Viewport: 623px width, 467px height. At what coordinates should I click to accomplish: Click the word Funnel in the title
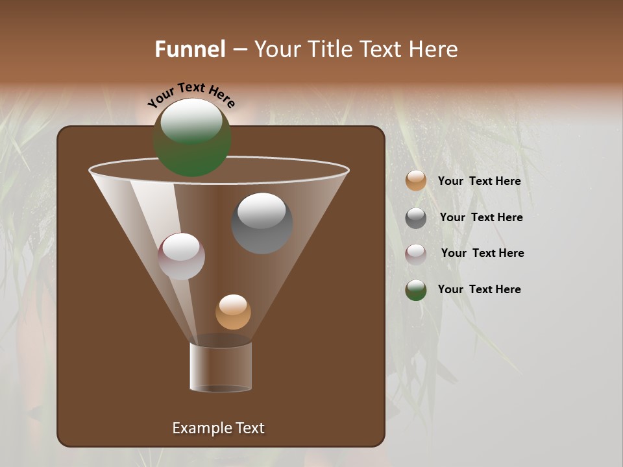click(x=190, y=49)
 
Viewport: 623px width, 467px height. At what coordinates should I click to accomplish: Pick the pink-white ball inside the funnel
click(x=182, y=257)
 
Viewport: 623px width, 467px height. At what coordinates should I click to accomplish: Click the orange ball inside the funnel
click(x=233, y=313)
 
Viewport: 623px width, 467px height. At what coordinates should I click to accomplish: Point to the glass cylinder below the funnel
click(x=221, y=367)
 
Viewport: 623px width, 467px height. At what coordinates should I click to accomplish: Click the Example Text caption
click(x=218, y=428)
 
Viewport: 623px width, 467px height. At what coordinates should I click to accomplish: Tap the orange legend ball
click(x=416, y=181)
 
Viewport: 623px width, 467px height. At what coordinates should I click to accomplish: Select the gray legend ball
click(x=416, y=218)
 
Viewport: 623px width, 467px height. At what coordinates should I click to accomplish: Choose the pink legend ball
click(x=416, y=254)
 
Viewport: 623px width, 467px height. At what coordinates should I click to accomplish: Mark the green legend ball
click(x=416, y=290)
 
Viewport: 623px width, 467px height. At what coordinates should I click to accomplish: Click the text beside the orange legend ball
click(x=479, y=181)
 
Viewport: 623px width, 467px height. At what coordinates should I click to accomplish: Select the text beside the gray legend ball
click(x=481, y=217)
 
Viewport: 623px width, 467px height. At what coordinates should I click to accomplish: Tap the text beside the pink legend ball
click(x=482, y=253)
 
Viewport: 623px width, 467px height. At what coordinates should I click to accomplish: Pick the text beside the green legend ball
click(x=479, y=289)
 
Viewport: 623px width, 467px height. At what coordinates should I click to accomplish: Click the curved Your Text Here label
click(x=191, y=95)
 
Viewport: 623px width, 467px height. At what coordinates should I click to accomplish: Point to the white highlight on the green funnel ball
click(x=191, y=121)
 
